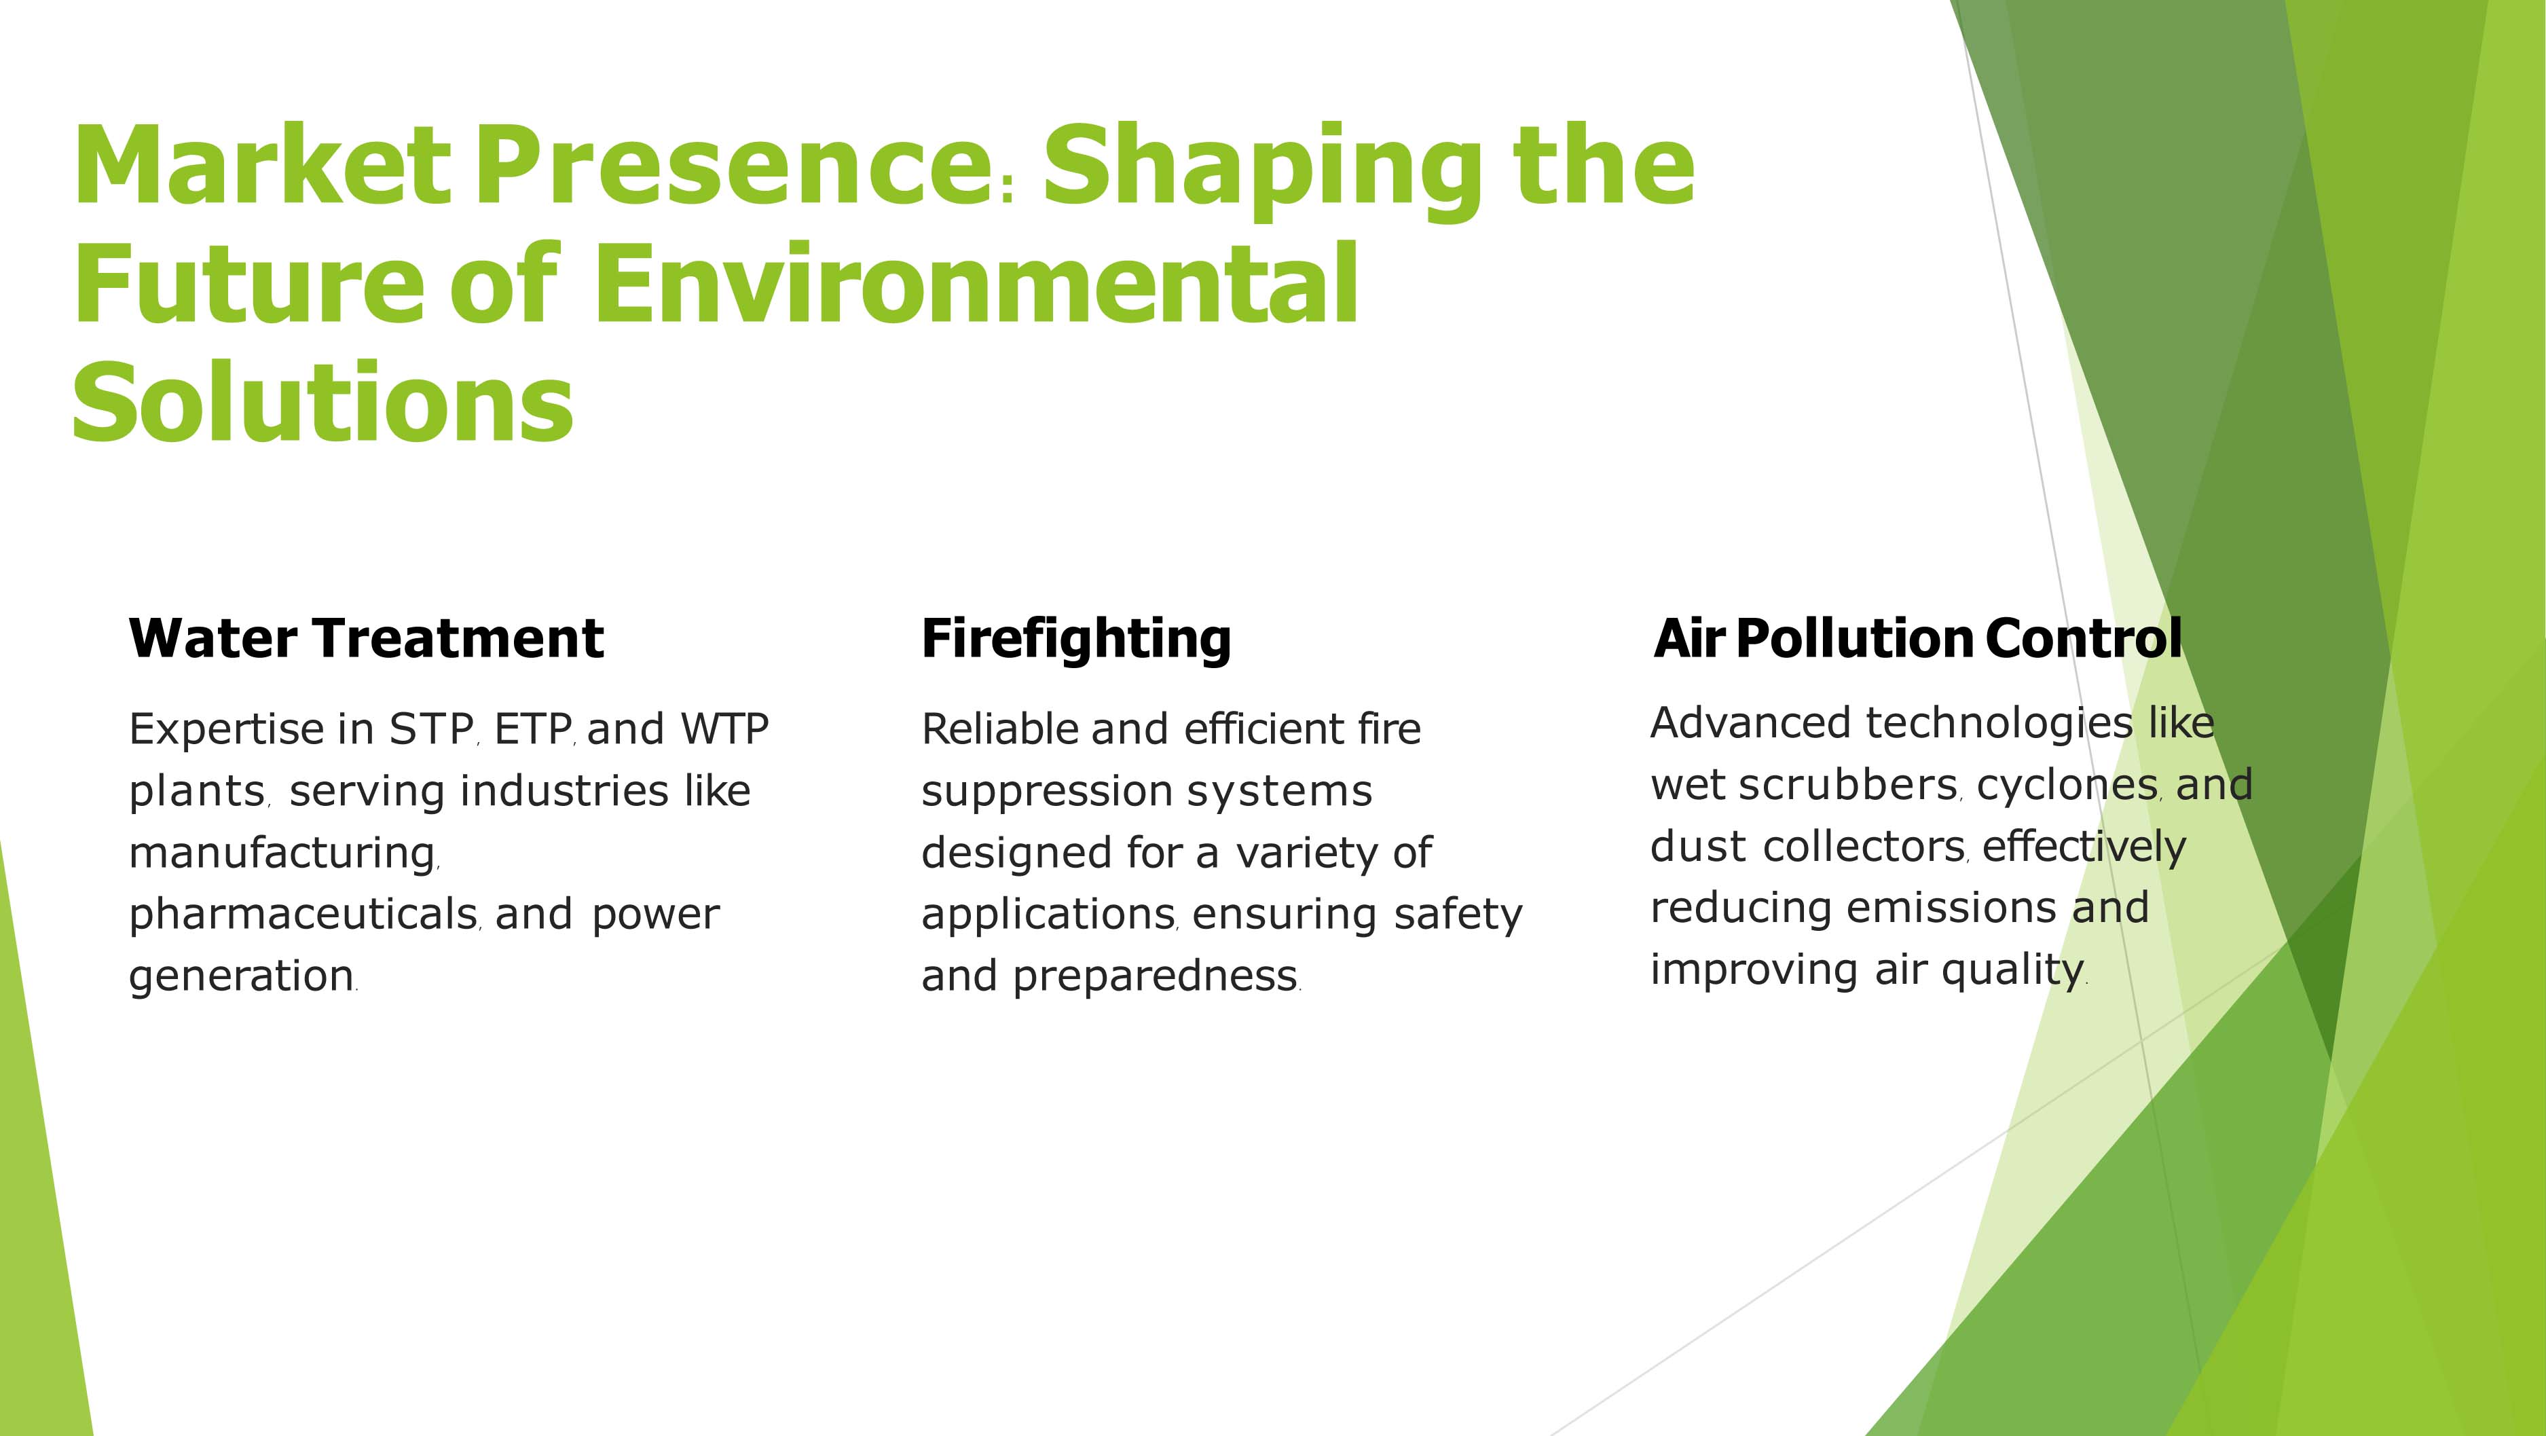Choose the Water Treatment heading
pos(366,638)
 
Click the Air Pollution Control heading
pos(1917,638)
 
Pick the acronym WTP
pos(724,729)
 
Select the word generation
pos(241,976)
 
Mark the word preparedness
pos(1154,976)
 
